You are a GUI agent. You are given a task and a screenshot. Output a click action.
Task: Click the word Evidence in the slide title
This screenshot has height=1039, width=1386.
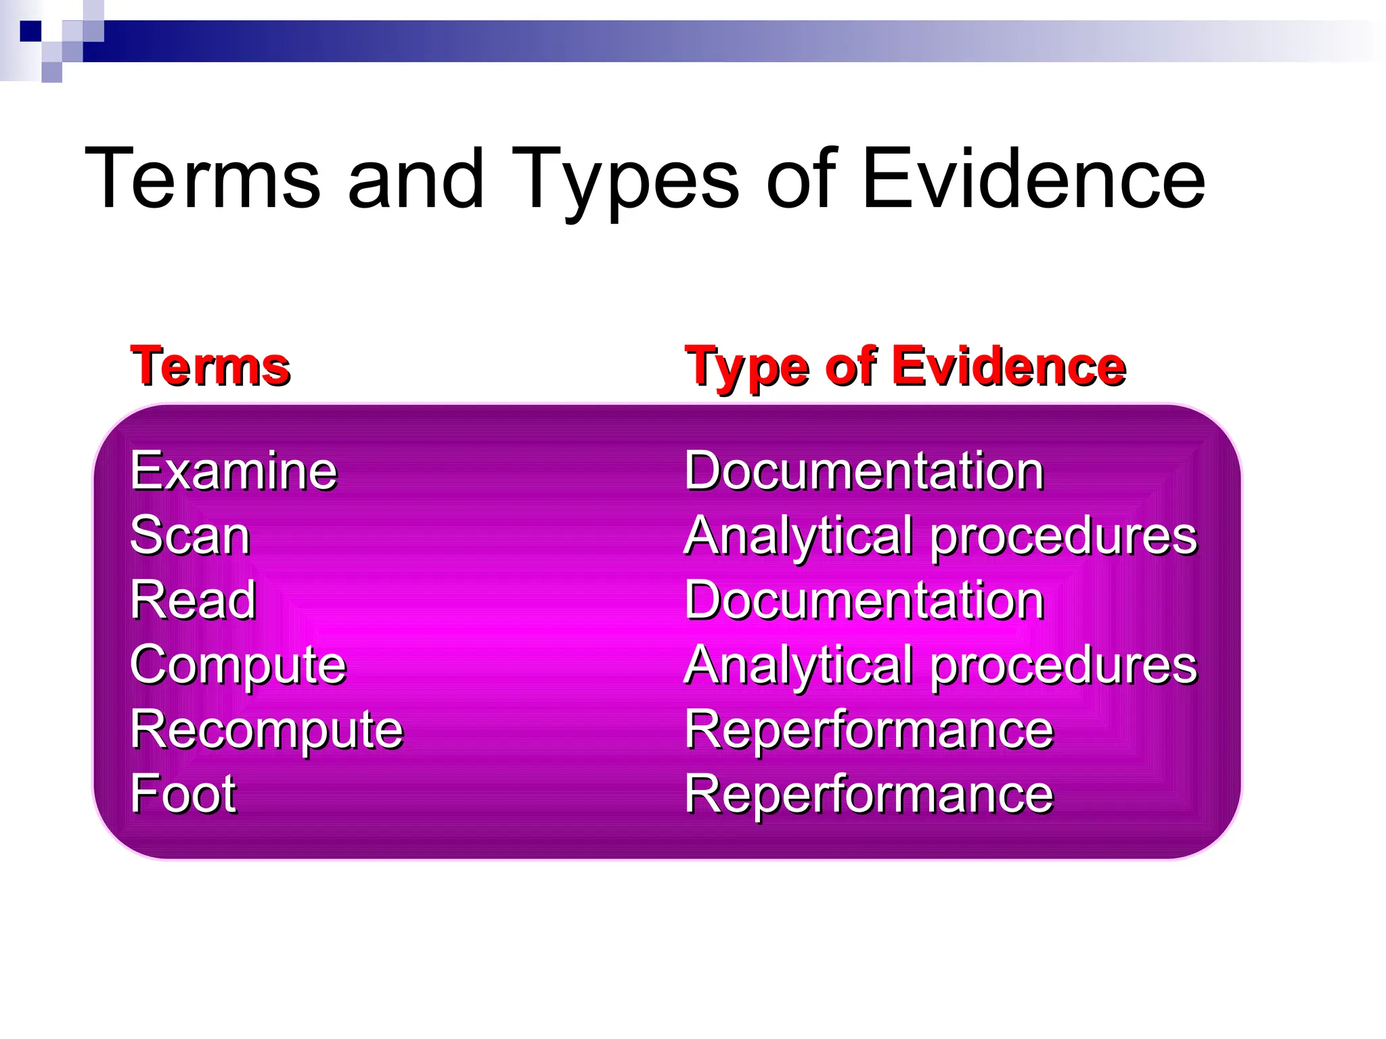point(1033,179)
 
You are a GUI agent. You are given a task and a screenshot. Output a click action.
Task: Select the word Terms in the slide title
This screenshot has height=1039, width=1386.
point(202,179)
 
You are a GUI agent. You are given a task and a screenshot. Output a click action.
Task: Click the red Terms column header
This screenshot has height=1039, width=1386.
point(210,367)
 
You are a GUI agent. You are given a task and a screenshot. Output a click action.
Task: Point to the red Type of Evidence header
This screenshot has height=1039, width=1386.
point(905,367)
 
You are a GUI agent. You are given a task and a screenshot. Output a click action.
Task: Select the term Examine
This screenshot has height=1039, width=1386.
point(233,471)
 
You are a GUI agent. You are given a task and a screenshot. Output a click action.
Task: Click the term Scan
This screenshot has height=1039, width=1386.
point(190,536)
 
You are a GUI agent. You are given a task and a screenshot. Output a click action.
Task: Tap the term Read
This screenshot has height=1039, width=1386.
point(194,600)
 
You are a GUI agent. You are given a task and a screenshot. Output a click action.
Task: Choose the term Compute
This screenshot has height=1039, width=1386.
point(238,665)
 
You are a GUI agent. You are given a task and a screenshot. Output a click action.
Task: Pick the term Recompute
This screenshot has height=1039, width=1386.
point(267,730)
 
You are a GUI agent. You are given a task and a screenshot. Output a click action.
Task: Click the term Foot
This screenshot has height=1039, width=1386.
point(183,794)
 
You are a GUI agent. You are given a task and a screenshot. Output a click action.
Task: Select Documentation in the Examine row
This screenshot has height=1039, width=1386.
point(864,471)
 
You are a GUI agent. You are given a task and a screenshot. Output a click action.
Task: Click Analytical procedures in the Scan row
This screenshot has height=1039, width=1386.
point(941,536)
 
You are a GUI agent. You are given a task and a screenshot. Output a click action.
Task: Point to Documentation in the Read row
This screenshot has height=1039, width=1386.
point(864,600)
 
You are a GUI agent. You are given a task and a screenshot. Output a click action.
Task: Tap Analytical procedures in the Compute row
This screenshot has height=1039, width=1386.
point(941,665)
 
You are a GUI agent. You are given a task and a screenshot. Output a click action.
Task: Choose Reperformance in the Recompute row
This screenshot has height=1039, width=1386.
point(869,730)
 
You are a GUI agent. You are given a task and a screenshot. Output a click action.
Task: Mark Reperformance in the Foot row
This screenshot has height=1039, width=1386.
point(869,794)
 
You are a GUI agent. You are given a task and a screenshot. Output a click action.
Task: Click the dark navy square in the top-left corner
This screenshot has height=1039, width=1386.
point(31,31)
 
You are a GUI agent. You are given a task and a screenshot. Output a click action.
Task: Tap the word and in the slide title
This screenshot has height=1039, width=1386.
point(416,179)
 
